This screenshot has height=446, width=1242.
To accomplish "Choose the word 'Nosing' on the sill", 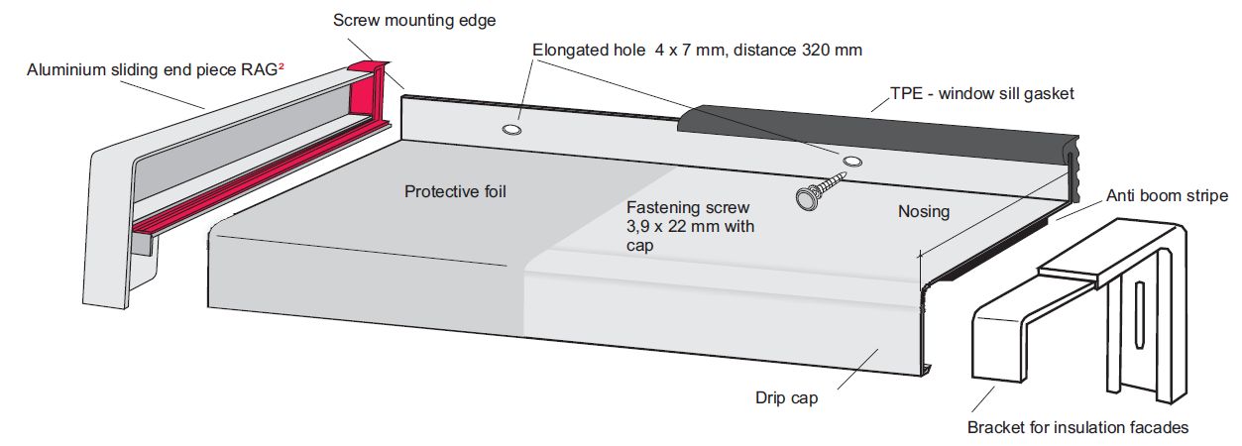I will (x=923, y=211).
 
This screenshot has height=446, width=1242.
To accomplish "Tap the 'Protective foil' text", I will (x=455, y=191).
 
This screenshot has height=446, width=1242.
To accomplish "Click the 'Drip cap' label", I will (x=786, y=398).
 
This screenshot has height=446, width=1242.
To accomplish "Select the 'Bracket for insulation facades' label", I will (x=1077, y=428).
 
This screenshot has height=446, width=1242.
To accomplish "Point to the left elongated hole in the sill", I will (x=512, y=130).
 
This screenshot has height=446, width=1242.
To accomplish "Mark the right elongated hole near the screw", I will (x=851, y=161).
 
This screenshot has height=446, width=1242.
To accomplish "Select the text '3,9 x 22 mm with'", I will (x=690, y=227).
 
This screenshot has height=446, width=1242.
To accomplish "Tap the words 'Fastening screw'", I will (x=688, y=207).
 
